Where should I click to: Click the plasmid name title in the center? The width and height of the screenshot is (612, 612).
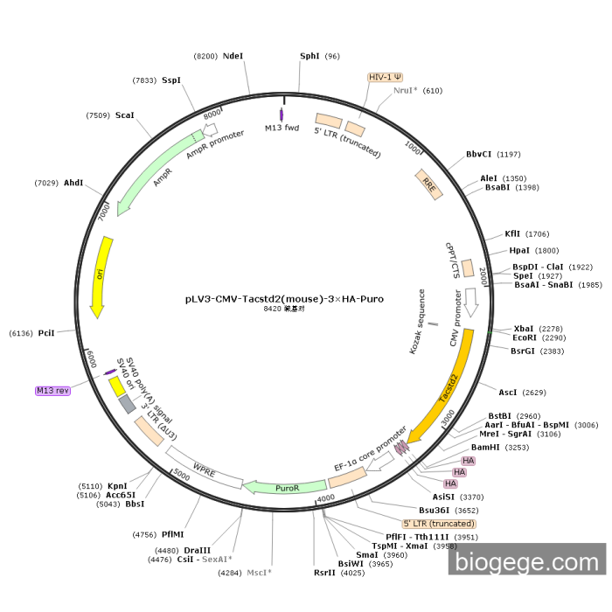(x=284, y=298)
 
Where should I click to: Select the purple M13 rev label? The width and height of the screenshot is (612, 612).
(x=52, y=390)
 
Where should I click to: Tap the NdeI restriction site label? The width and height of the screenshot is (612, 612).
(x=233, y=56)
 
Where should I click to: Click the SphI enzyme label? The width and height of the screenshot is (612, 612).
(x=309, y=56)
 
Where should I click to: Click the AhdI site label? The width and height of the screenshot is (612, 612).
(x=73, y=183)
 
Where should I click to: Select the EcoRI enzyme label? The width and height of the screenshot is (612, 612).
(x=525, y=337)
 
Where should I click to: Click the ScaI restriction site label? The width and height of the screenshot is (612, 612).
(x=124, y=115)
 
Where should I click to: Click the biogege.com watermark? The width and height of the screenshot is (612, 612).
(x=527, y=560)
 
